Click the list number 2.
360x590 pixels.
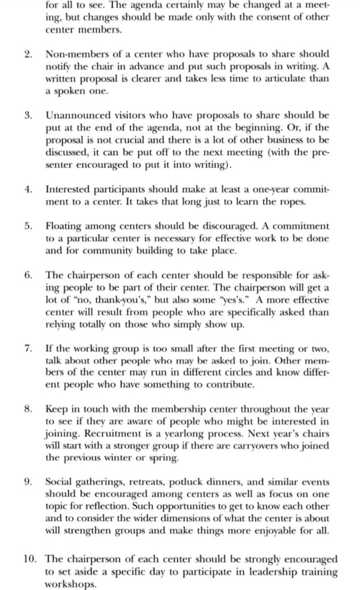pos(28,54)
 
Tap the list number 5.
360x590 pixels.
pos(28,226)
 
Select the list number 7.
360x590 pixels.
pos(28,350)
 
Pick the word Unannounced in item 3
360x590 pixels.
pos(75,115)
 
